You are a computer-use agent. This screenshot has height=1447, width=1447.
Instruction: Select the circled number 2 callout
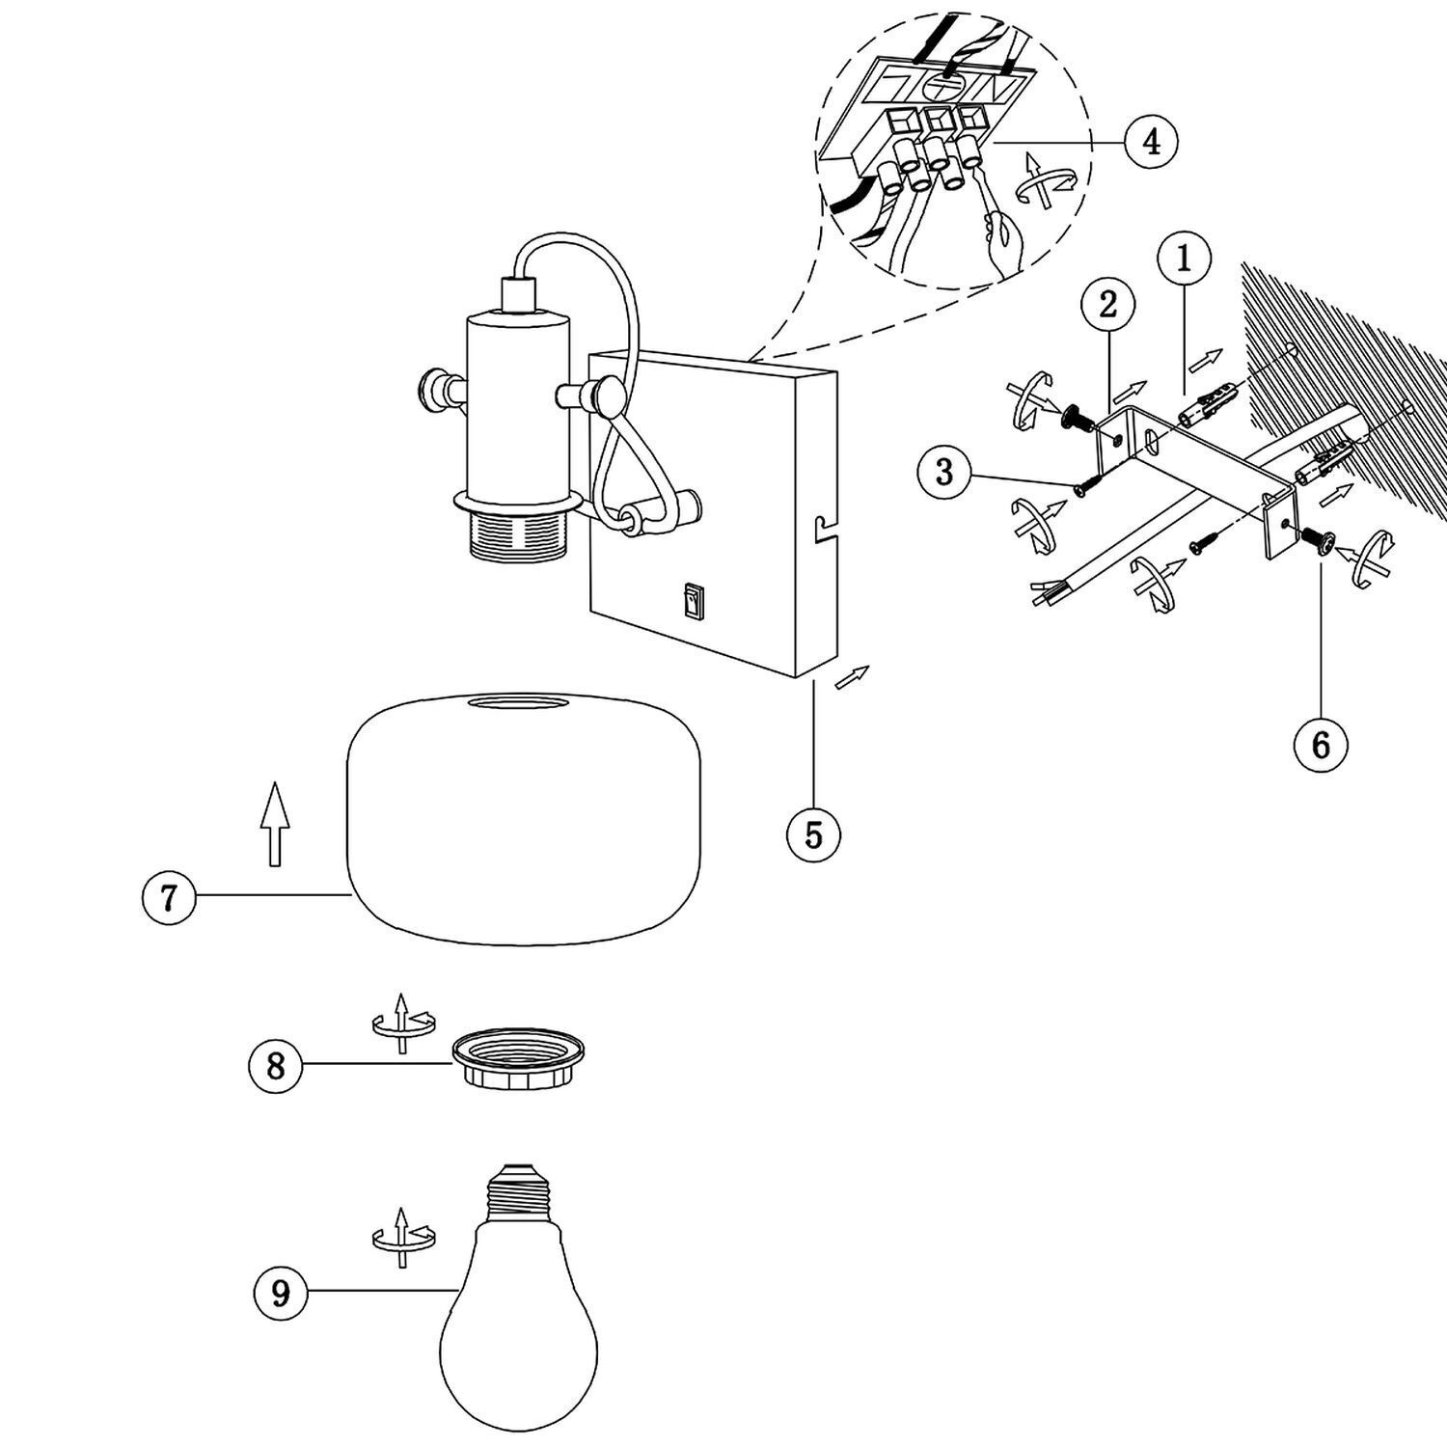(1108, 305)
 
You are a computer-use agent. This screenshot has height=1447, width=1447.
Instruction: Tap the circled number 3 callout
(944, 473)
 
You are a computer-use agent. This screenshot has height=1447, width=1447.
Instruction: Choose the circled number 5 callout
(813, 834)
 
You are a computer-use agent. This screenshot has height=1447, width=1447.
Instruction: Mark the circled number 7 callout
(169, 897)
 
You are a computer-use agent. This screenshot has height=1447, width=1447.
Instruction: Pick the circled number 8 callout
(276, 1066)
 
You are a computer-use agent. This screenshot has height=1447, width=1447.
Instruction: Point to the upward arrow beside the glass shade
(276, 823)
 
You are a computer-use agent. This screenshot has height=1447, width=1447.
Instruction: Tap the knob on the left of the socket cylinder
(430, 391)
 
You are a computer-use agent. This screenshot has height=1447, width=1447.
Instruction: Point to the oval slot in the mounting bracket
(1152, 442)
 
